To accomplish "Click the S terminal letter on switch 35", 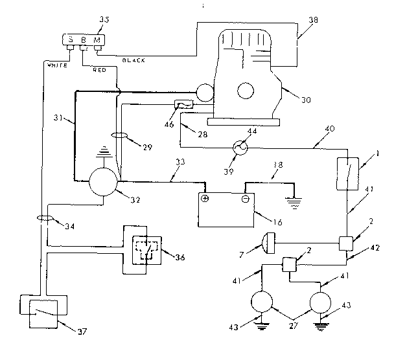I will click(x=70, y=40).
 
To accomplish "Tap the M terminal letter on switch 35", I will click(x=97, y=40).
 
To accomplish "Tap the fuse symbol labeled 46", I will click(x=184, y=104).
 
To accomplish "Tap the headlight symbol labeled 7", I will click(x=268, y=244).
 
